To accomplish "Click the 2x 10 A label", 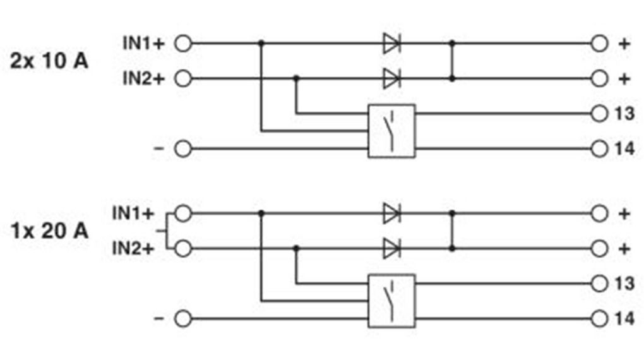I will [49, 62].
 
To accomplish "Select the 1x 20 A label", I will [49, 231].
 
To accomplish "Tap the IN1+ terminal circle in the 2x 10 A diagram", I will [182, 44].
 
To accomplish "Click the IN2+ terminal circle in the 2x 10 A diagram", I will [182, 79].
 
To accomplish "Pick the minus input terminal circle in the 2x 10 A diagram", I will [182, 149].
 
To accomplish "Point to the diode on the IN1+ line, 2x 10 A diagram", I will [391, 44].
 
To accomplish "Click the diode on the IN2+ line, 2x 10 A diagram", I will [391, 79].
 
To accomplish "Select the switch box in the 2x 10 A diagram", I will [391, 131].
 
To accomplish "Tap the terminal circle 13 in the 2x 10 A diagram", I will [599, 114].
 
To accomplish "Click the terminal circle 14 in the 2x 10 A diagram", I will [599, 149].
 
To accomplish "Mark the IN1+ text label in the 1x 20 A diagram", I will [133, 213].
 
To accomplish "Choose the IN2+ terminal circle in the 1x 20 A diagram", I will [182, 248].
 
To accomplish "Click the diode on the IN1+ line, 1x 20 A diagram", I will [391, 214].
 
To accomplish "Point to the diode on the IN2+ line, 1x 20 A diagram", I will [391, 248].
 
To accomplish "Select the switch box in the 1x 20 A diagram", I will [391, 301].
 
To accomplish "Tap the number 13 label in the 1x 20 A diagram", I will [624, 284].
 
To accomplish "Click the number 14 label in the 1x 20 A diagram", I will [624, 319].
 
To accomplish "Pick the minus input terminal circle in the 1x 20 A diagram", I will [182, 318].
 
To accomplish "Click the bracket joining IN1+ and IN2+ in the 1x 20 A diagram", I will [165, 231].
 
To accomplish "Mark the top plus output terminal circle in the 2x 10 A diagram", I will [599, 44].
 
